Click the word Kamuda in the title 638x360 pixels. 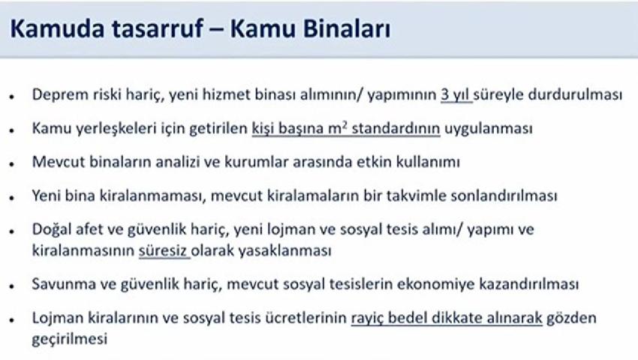coord(57,29)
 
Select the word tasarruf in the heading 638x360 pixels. coord(157,29)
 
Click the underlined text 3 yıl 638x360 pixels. coord(456,94)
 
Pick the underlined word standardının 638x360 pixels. coord(396,128)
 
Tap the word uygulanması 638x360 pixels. coord(489,128)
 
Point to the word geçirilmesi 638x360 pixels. coord(70,339)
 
